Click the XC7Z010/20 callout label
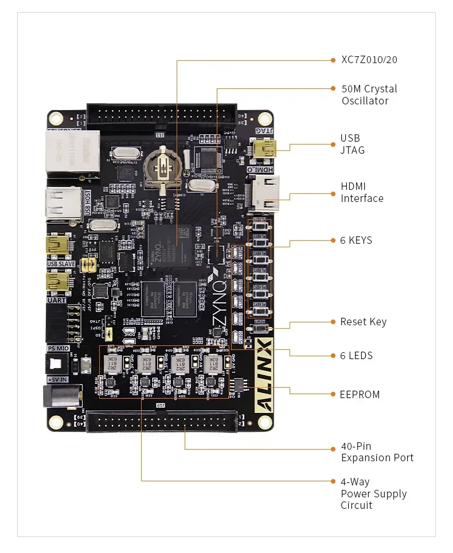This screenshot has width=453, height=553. [x=369, y=60]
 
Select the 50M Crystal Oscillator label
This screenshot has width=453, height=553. [x=369, y=95]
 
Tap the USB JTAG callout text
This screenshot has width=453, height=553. [x=352, y=144]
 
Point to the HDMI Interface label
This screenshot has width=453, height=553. [x=362, y=192]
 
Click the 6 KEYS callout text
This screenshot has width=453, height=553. [x=356, y=240]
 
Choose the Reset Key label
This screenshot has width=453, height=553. [x=363, y=322]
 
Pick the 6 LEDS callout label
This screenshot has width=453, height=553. [x=356, y=356]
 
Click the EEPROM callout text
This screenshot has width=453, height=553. [x=360, y=395]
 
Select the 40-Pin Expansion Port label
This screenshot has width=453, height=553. [x=377, y=452]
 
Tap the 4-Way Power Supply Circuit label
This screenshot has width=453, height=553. [x=373, y=494]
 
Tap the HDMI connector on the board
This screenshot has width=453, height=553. [x=264, y=193]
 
